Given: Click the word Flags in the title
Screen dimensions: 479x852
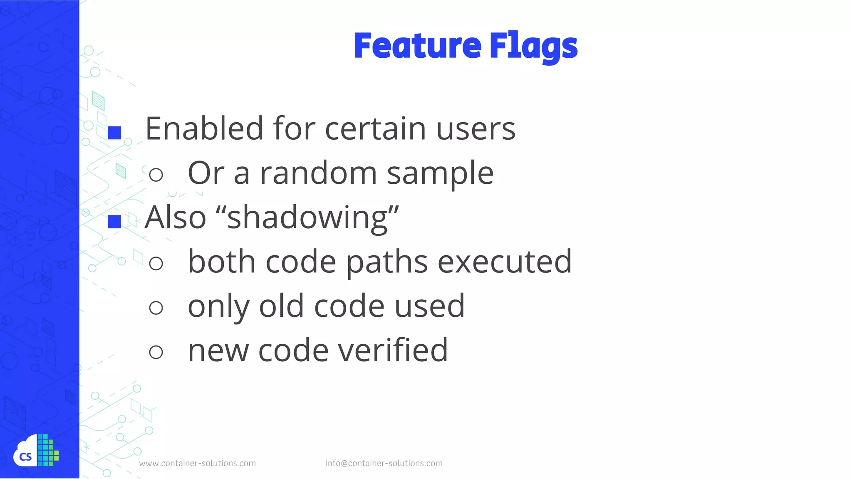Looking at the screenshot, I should coord(533,47).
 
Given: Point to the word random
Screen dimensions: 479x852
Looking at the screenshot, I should coord(318,173).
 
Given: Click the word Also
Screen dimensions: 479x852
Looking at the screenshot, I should coord(175,217).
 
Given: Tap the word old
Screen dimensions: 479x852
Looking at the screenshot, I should coord(281,306).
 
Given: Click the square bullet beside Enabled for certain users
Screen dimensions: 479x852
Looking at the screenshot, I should coord(114,133).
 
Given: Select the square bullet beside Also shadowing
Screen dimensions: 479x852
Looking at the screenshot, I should coord(114,222).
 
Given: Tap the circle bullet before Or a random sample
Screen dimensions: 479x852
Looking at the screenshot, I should coord(156,175).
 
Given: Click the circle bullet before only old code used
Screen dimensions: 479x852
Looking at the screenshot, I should coord(156,308).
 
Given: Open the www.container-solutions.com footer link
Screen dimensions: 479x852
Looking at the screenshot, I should coord(197,463).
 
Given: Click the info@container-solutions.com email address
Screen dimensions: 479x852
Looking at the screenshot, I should coord(384,463).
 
